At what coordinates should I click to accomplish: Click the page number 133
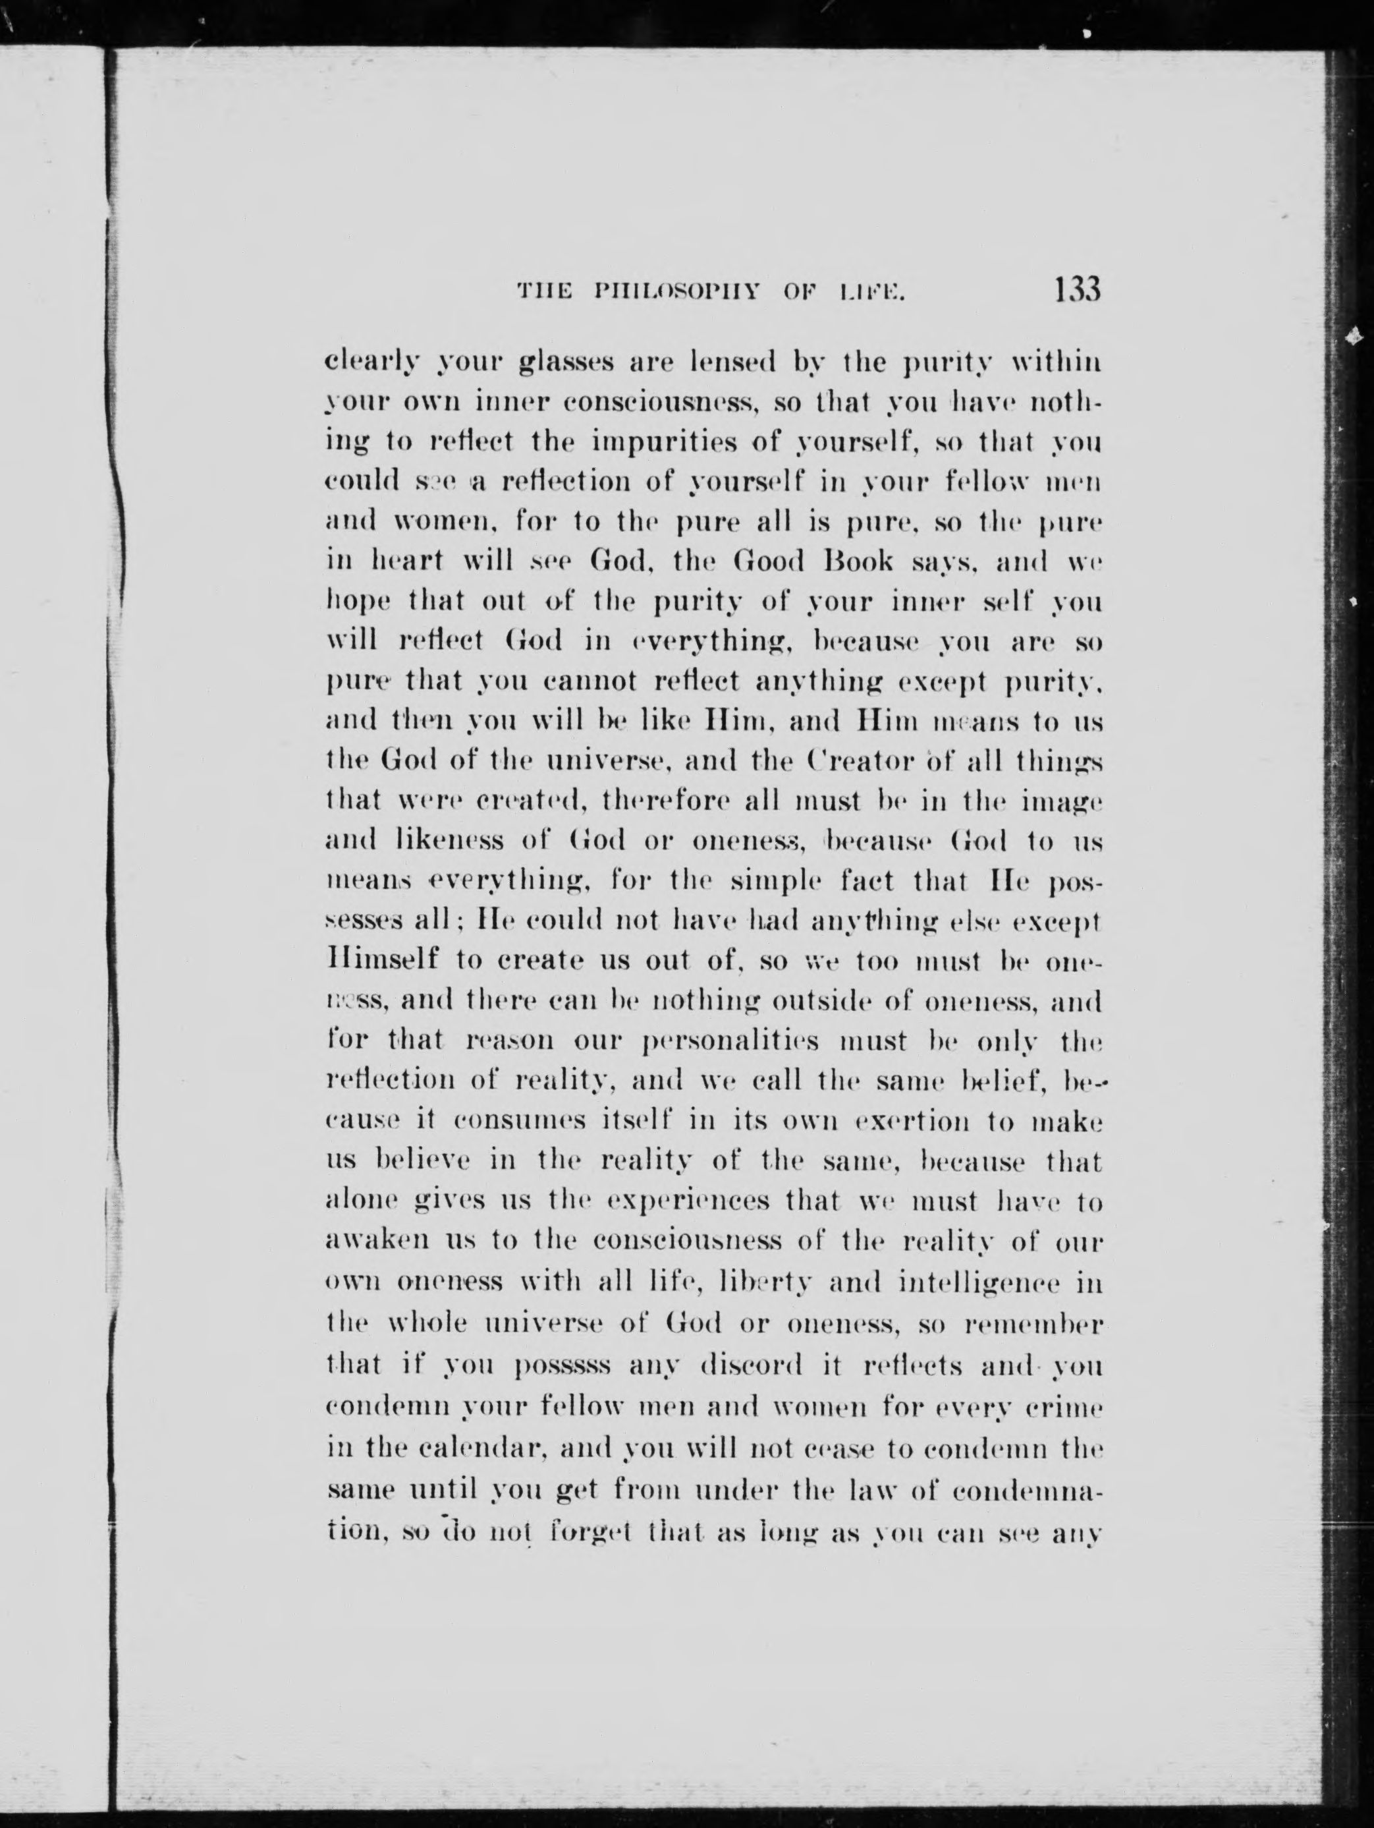[x=1076, y=291]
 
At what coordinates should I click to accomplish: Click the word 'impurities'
[x=660, y=443]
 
